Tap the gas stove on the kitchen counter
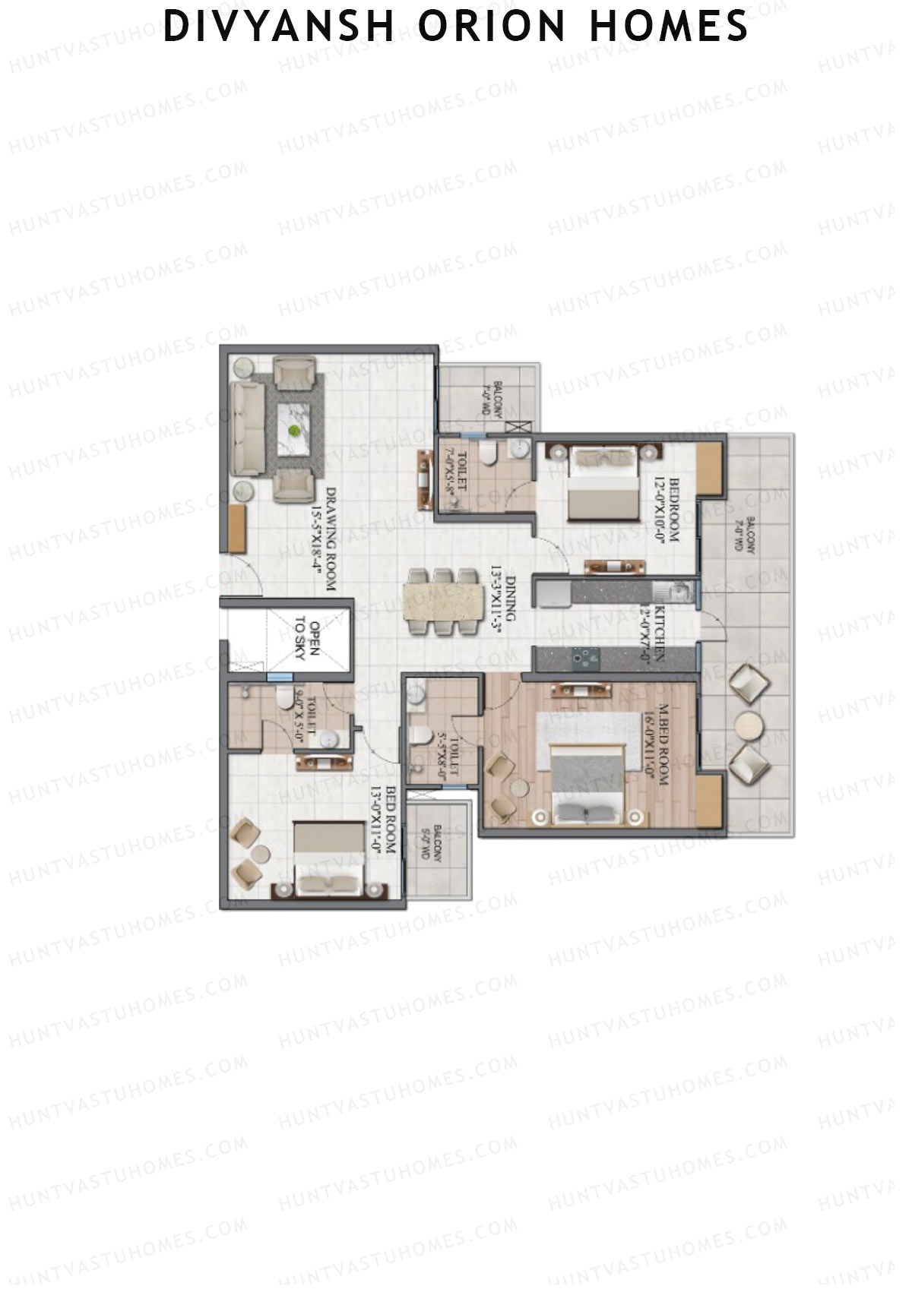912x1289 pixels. coord(585,657)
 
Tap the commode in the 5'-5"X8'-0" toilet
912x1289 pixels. coord(420,735)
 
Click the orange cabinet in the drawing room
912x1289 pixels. coord(238,529)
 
